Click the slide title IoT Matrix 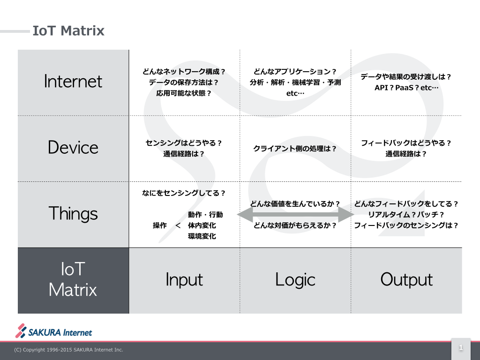pyautogui.click(x=68, y=31)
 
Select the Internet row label pyautogui.click(x=73, y=82)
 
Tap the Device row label pyautogui.click(x=73, y=148)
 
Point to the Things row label pyautogui.click(x=73, y=214)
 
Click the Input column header pyautogui.click(x=184, y=280)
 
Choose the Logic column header pyautogui.click(x=295, y=280)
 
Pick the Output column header pyautogui.click(x=406, y=280)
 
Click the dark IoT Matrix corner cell pyautogui.click(x=73, y=280)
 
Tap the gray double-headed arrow pyautogui.click(x=295, y=215)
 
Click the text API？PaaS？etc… pyautogui.click(x=406, y=88)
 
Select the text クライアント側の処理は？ pyautogui.click(x=295, y=149)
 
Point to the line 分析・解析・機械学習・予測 pyautogui.click(x=295, y=82)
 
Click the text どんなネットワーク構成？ pyautogui.click(x=184, y=72)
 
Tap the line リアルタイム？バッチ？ pyautogui.click(x=406, y=215)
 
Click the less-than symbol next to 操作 pyautogui.click(x=178, y=225)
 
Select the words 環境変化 pyautogui.click(x=202, y=236)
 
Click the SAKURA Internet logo pyautogui.click(x=54, y=331)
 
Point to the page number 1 pyautogui.click(x=461, y=348)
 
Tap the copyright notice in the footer pyautogui.click(x=68, y=350)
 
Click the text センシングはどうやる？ pyautogui.click(x=184, y=143)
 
